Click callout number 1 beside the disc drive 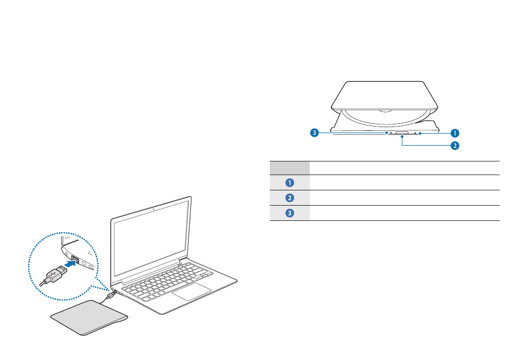pyautogui.click(x=455, y=133)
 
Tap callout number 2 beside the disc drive pyautogui.click(x=455, y=146)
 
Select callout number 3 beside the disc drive pyautogui.click(x=315, y=132)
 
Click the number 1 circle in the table pyautogui.click(x=290, y=183)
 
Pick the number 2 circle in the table pyautogui.click(x=290, y=198)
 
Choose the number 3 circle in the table pyautogui.click(x=290, y=213)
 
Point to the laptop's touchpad pyautogui.click(x=192, y=291)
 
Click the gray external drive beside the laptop pyautogui.click(x=89, y=319)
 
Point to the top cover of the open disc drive pyautogui.click(x=385, y=95)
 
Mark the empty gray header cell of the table pyautogui.click(x=290, y=168)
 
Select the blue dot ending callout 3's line pyautogui.click(x=386, y=132)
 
